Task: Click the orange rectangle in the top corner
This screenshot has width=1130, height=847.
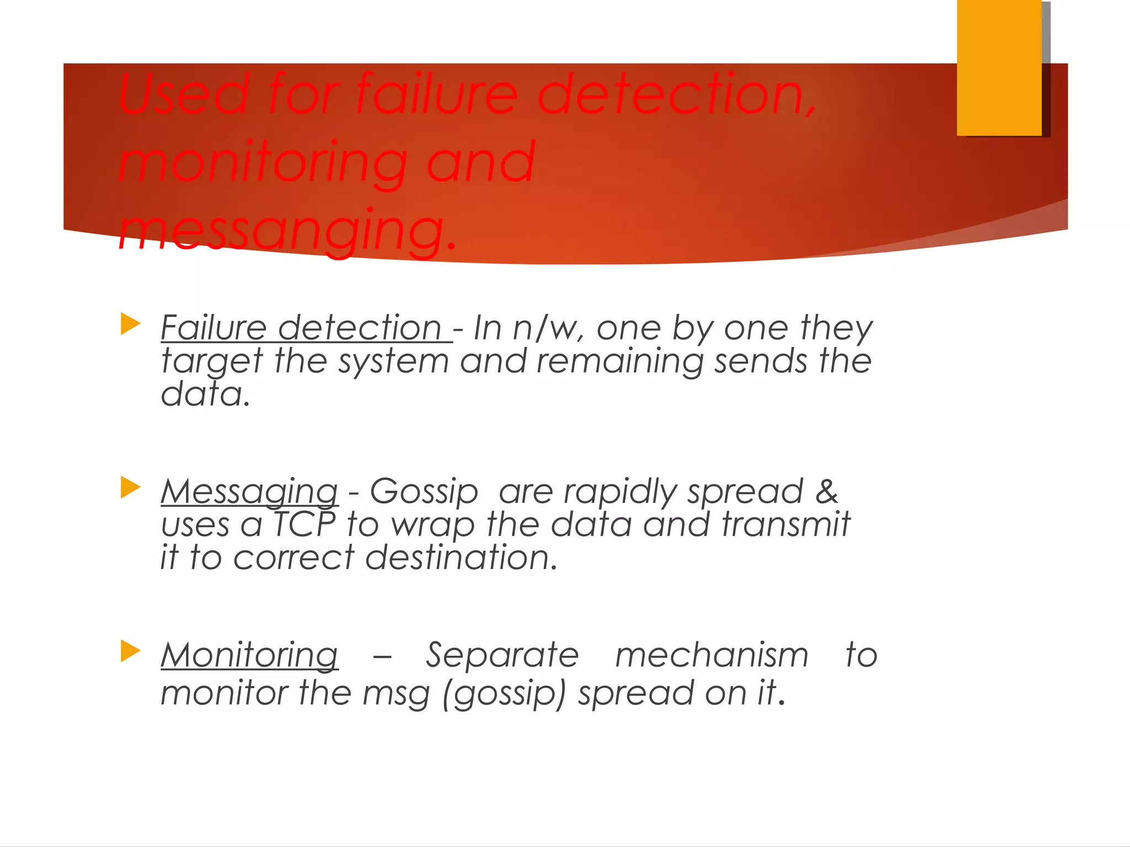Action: pos(999,67)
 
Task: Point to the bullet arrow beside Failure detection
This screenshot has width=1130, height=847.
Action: pos(130,324)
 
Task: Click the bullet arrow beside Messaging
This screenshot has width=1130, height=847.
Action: pos(130,487)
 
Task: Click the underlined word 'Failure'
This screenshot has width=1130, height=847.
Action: pos(214,328)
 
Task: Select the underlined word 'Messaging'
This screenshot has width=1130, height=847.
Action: pos(249,491)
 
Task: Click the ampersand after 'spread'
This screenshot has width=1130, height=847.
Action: pos(826,491)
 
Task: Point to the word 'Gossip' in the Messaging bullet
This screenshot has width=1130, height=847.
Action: pos(424,491)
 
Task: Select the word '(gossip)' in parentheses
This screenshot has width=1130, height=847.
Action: pos(504,693)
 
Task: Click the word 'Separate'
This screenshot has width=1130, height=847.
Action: pos(502,655)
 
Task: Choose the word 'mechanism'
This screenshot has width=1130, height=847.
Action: pos(712,655)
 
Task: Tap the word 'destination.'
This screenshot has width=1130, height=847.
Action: pos(461,557)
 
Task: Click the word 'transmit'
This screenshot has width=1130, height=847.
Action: pos(786,524)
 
